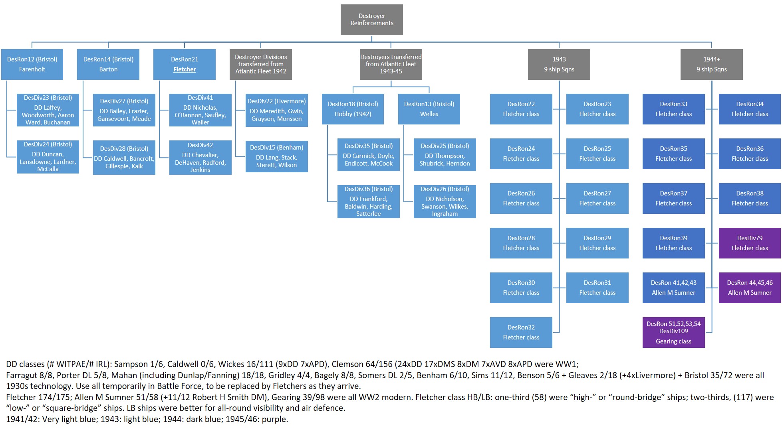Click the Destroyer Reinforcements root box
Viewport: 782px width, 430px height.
(371, 20)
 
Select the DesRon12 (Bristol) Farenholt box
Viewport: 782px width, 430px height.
(32, 64)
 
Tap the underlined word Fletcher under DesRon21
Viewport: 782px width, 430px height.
(185, 69)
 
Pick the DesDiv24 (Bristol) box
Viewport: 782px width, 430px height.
(48, 157)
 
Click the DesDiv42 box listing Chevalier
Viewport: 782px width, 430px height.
(200, 158)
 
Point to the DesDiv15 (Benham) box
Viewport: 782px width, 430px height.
(276, 156)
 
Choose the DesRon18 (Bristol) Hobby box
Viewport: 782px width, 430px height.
(353, 109)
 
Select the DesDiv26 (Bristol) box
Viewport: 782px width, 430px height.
(445, 201)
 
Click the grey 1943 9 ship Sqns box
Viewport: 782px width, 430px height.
(559, 64)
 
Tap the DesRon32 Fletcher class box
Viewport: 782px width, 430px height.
(521, 332)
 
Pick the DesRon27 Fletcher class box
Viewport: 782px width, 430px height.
(597, 198)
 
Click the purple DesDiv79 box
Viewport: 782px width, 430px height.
(750, 243)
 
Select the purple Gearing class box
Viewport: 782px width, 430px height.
(673, 332)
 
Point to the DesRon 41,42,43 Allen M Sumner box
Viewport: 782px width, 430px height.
(673, 288)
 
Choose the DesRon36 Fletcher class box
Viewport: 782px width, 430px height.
(750, 154)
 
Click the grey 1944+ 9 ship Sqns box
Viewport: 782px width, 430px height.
(711, 64)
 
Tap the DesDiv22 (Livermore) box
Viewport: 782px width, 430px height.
(276, 110)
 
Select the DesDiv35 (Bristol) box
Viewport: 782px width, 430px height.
(368, 155)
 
